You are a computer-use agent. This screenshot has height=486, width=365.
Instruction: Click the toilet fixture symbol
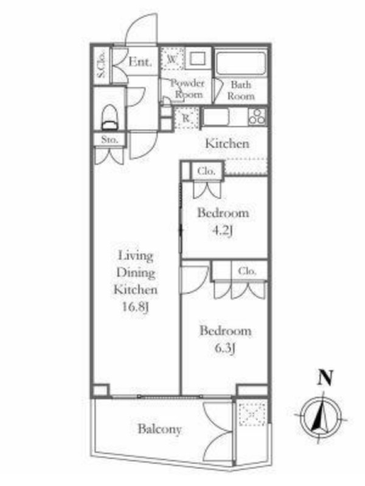tap(109, 117)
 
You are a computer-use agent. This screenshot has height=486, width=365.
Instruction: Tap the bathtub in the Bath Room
tap(240, 63)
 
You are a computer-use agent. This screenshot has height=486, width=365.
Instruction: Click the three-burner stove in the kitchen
tap(257, 117)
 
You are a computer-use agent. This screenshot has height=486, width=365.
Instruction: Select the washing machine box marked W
tap(172, 58)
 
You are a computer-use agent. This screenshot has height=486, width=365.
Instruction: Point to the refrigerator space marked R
tap(187, 118)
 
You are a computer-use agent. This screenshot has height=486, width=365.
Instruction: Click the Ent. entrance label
tap(141, 62)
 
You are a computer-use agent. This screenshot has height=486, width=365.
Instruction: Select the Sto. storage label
tap(109, 140)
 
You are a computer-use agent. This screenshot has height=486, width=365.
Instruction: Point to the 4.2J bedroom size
tap(223, 231)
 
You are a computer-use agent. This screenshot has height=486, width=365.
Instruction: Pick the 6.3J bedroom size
tap(224, 348)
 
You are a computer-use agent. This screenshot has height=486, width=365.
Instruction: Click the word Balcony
tap(159, 430)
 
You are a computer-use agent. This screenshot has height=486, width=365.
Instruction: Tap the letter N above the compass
tap(325, 377)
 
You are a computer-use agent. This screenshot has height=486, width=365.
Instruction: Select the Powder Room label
tap(188, 89)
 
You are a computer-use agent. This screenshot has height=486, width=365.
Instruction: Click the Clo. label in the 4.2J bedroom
tap(206, 171)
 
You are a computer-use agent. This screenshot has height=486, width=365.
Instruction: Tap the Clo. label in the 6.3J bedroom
tap(247, 271)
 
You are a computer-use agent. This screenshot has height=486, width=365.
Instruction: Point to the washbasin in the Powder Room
tap(198, 58)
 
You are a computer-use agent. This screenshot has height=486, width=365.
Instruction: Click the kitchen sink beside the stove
tap(216, 117)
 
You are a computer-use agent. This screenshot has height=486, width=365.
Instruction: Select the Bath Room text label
tap(241, 90)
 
